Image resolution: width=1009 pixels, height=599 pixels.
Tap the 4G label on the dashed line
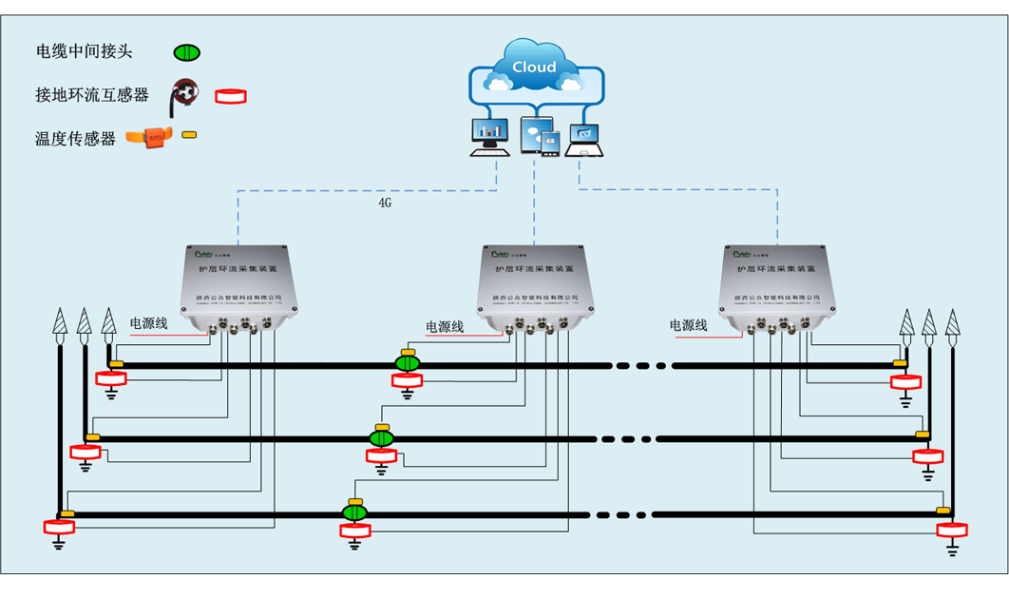[x=385, y=203]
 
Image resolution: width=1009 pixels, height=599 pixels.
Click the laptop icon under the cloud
[x=583, y=139]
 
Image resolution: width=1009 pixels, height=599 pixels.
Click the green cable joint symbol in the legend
[x=186, y=53]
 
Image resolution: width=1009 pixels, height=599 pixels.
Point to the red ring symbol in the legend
[x=230, y=95]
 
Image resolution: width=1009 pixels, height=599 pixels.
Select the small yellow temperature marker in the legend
[x=190, y=135]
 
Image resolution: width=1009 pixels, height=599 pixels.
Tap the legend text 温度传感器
[x=75, y=139]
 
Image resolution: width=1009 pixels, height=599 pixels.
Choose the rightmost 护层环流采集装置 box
[x=781, y=289]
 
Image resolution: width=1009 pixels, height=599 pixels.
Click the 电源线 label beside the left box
[x=149, y=324]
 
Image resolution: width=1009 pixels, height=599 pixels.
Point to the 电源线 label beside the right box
[x=689, y=325]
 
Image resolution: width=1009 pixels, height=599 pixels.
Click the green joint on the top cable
[x=408, y=364]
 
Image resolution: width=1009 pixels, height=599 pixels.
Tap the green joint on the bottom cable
[x=355, y=513]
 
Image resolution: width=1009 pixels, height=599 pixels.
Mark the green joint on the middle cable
[x=382, y=438]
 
